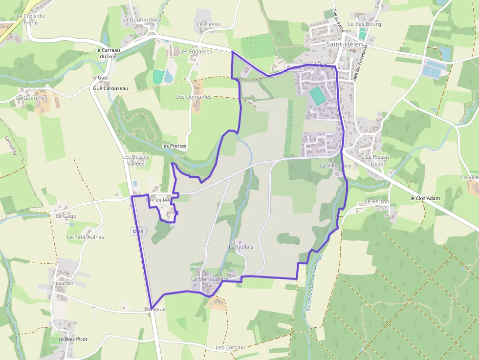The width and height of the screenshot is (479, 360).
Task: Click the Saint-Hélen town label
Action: [x=344, y=44]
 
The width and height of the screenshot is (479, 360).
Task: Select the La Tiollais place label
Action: [x=241, y=247]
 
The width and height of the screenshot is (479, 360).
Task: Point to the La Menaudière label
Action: [x=210, y=279]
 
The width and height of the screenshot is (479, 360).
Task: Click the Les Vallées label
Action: [x=158, y=200]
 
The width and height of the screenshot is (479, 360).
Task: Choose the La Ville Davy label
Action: [x=336, y=166]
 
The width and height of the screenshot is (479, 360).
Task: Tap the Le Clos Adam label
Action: [x=425, y=198]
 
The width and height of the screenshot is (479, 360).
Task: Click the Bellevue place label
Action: [x=155, y=309]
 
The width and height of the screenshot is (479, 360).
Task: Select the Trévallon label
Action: [x=62, y=283]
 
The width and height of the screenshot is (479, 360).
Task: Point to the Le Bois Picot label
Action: [x=73, y=339]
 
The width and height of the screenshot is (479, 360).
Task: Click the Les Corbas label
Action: [x=229, y=348]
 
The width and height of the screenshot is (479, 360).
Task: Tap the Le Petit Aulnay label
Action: [x=86, y=237]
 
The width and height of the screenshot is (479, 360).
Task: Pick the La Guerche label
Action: [x=30, y=98]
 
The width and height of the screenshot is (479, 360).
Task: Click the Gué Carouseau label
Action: [x=110, y=88]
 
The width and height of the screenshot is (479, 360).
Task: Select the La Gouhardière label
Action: [x=142, y=20]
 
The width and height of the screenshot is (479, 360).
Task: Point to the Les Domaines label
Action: [x=194, y=97]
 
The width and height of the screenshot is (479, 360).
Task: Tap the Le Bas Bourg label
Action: [x=364, y=23]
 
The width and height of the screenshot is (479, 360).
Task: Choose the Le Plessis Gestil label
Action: [x=378, y=160]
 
